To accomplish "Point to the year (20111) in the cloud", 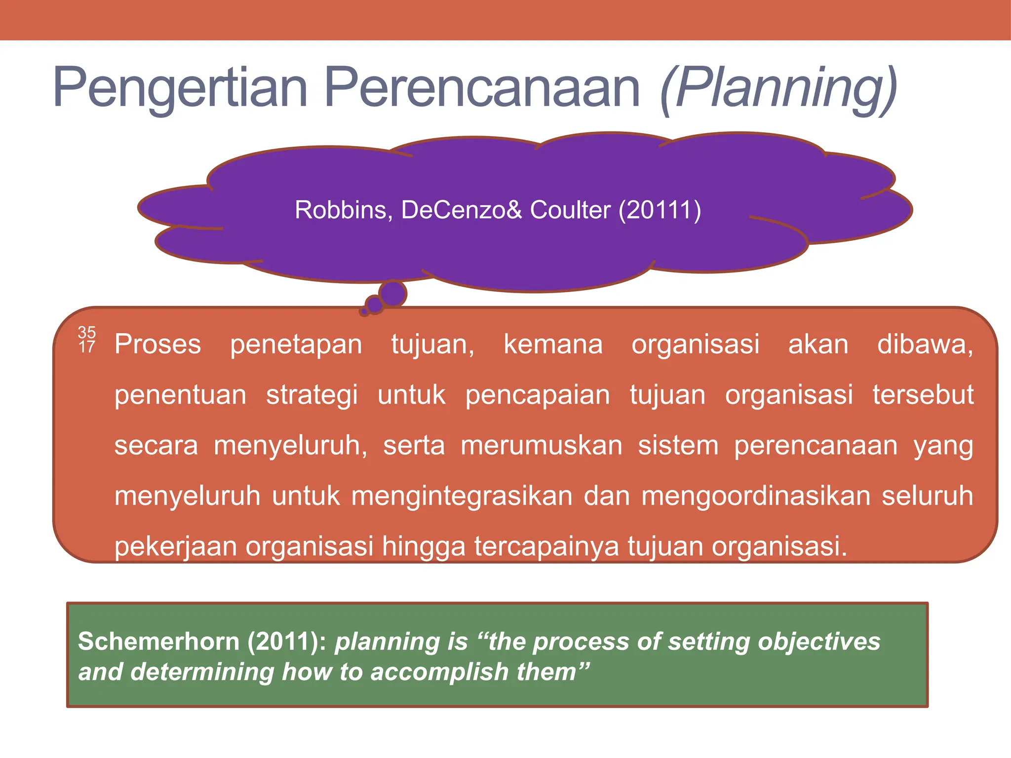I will tap(660, 210).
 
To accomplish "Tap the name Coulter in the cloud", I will tap(570, 210).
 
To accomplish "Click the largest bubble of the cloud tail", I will tap(393, 294).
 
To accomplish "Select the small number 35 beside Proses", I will tap(87, 332).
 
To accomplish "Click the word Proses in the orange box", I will tap(158, 344).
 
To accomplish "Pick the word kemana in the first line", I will tap(553, 344).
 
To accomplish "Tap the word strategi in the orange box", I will tap(312, 395).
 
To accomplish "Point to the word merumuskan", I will tap(542, 446).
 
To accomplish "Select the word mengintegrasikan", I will tap(462, 496).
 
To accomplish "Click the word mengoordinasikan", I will tap(756, 496).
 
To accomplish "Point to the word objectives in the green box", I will tap(819, 642).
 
